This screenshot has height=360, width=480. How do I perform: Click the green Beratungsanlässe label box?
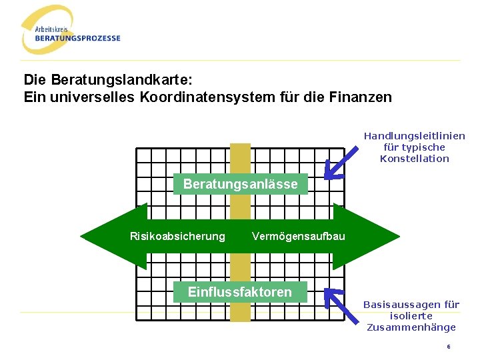pyautogui.click(x=240, y=184)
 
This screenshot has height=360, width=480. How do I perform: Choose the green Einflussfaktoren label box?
pyautogui.click(x=240, y=292)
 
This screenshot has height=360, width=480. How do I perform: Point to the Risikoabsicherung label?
pyautogui.click(x=177, y=236)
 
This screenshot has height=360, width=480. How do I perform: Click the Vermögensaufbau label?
pyautogui.click(x=298, y=236)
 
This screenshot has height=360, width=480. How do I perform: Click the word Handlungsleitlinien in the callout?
pyautogui.click(x=414, y=136)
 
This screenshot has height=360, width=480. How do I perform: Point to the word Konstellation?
pyautogui.click(x=414, y=159)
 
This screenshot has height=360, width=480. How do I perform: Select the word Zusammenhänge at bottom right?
pyautogui.click(x=411, y=327)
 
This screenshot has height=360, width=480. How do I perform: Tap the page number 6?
pyautogui.click(x=449, y=347)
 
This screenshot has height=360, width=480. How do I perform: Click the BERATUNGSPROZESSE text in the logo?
pyautogui.click(x=78, y=38)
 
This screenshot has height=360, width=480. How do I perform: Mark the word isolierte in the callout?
pyautogui.click(x=411, y=316)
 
